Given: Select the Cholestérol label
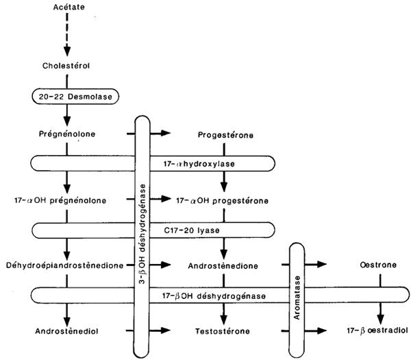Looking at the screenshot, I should tap(67, 67).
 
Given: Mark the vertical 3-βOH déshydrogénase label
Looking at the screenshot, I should tap(142, 233).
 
